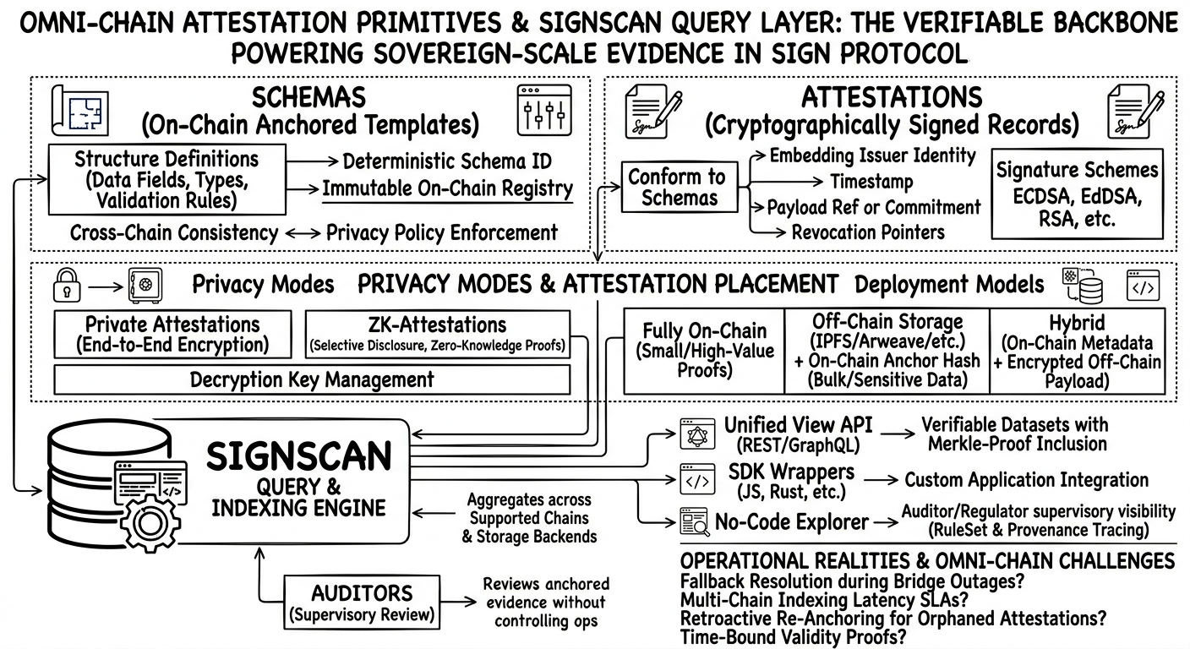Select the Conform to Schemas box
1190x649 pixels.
tap(678, 188)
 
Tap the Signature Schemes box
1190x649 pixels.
tap(1076, 194)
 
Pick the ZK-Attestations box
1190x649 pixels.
tap(436, 334)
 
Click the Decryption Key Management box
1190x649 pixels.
tap(311, 379)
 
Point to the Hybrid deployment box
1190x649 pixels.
tap(1076, 350)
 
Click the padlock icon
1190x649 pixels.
tap(66, 285)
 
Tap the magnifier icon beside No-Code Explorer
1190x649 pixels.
tap(695, 524)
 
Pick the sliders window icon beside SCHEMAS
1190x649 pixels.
tap(543, 111)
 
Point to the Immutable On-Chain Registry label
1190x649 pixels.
tap(448, 189)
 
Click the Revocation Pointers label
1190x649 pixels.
tap(868, 232)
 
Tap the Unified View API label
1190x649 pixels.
tap(797, 425)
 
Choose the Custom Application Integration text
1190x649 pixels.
tap(1026, 480)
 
